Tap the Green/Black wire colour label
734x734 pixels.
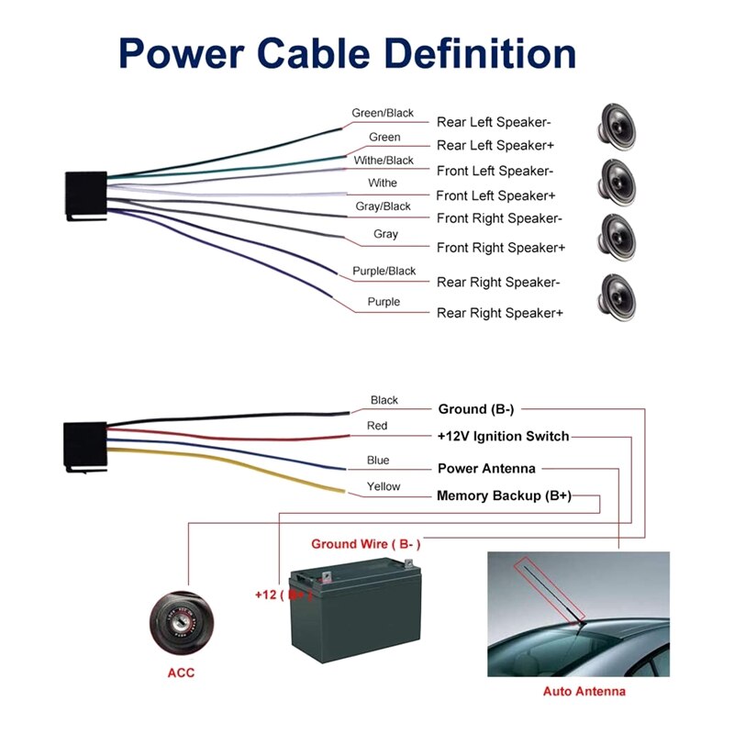point(383,114)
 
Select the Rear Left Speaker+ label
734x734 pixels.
point(495,146)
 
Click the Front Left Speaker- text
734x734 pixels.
point(495,171)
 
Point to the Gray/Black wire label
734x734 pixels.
point(384,207)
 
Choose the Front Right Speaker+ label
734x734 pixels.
point(501,248)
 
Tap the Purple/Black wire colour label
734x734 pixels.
point(384,272)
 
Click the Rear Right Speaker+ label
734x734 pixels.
point(500,313)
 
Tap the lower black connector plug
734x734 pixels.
point(85,447)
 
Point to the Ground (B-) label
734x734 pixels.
point(475,409)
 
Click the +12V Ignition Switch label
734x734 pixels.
point(503,437)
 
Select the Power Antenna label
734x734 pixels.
point(486,469)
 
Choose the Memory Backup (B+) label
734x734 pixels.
point(504,496)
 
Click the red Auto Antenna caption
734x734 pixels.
point(584,692)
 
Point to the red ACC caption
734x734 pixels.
point(181,673)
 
